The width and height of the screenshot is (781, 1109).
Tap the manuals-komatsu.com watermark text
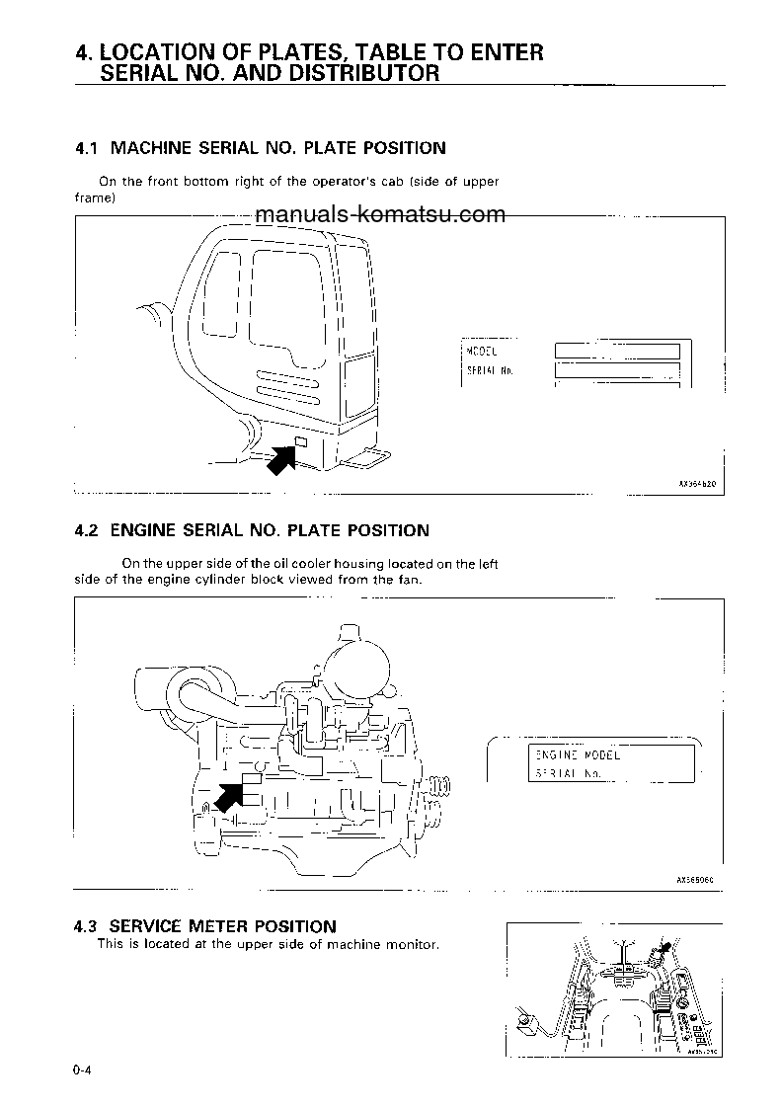[x=380, y=214]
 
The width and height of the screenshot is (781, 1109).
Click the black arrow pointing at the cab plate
[x=283, y=459]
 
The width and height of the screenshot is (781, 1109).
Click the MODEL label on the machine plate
[x=482, y=351]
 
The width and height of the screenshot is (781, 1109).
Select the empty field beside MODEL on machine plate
[x=617, y=351]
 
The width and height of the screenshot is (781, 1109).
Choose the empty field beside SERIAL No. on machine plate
[x=617, y=371]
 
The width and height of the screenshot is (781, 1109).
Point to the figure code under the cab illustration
[x=695, y=485]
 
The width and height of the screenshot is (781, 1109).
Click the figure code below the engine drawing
[x=695, y=877]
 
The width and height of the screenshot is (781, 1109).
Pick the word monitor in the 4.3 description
[x=410, y=944]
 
